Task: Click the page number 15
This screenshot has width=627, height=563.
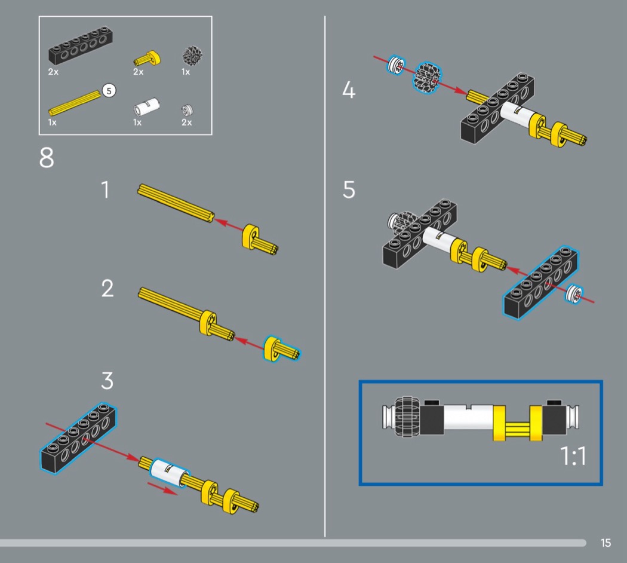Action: tap(606, 543)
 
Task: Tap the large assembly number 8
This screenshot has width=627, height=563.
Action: tap(47, 158)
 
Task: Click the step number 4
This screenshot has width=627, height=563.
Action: tap(349, 91)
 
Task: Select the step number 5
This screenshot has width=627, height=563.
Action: tap(349, 190)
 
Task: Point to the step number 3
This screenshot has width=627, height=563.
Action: tap(107, 380)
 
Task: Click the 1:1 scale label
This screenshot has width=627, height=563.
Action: tap(573, 457)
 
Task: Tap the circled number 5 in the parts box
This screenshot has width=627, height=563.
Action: tap(108, 90)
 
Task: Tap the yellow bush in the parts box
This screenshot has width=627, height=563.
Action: tap(147, 58)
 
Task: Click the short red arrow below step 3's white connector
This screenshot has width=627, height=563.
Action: tap(162, 488)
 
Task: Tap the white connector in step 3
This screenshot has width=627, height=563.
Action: tap(169, 474)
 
